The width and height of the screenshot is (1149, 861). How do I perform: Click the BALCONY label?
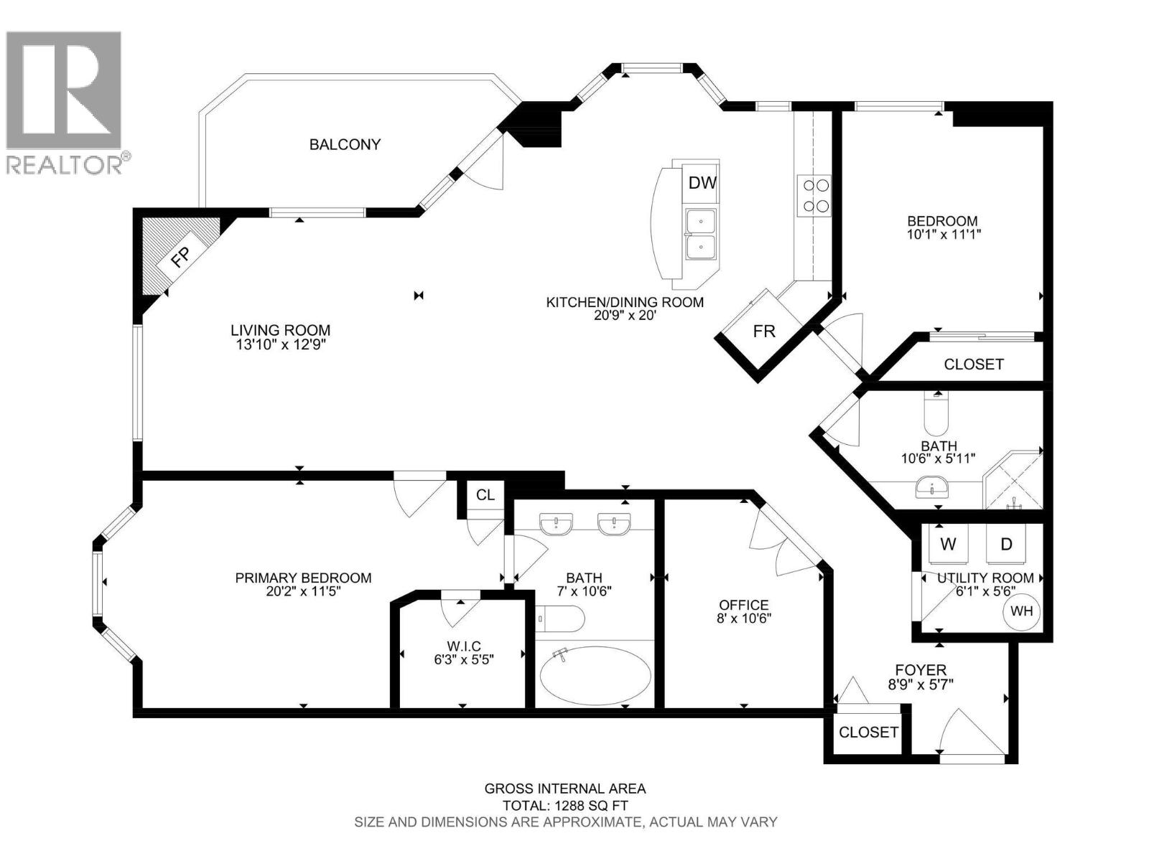click(x=345, y=144)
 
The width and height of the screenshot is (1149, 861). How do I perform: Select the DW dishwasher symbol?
click(x=702, y=183)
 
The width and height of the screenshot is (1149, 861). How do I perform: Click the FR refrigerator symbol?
click(x=763, y=331)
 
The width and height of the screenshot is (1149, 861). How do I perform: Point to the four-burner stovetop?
click(x=814, y=195)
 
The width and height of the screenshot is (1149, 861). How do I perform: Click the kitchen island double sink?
click(x=699, y=235)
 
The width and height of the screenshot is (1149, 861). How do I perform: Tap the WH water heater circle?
click(x=1021, y=611)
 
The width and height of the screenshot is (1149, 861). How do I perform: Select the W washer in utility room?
click(x=948, y=544)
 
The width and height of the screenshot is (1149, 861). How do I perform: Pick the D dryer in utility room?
click(x=1006, y=544)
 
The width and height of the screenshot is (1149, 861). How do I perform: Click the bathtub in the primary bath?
click(x=595, y=675)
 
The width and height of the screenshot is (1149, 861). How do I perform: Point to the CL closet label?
click(x=485, y=495)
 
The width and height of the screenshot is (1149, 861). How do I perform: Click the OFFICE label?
click(x=744, y=605)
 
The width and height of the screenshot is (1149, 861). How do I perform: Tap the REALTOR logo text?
click(x=65, y=164)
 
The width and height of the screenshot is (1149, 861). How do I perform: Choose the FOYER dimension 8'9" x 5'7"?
click(x=920, y=684)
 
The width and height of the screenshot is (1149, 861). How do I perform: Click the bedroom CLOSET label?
click(x=973, y=364)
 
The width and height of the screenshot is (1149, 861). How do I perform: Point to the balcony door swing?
click(x=488, y=165)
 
